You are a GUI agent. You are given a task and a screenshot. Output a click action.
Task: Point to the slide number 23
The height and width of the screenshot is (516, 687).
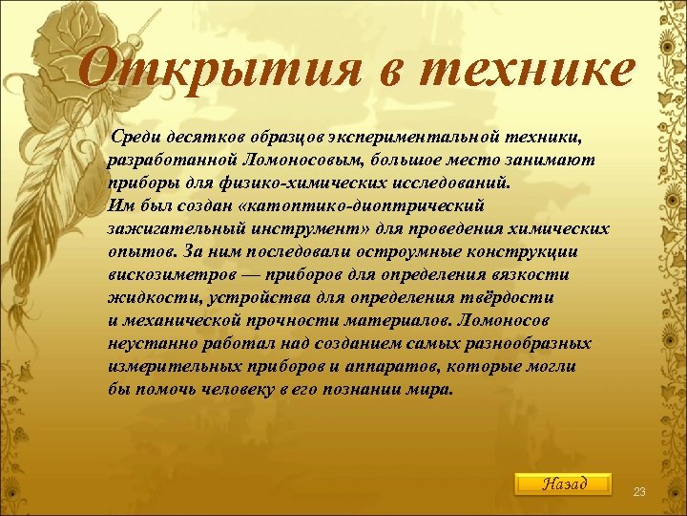[639, 491]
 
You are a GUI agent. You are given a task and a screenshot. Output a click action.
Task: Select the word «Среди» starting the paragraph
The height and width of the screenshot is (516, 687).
[135, 136]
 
